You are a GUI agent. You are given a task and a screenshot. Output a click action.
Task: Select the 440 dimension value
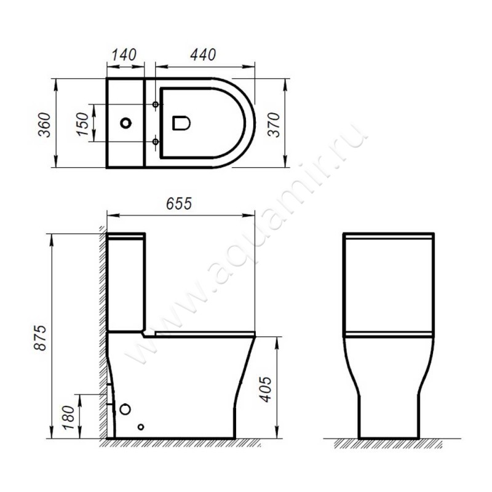[202, 55]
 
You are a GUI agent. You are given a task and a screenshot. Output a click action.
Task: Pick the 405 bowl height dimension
[265, 387]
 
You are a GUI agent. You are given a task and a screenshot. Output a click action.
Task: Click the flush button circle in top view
[125, 123]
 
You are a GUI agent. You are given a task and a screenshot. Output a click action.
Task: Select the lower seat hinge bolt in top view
[156, 142]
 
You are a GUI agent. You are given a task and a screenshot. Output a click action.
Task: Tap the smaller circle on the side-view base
[141, 427]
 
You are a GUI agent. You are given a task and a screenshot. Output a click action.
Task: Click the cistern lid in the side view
[126, 236]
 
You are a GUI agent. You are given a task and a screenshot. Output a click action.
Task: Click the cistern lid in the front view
[389, 236]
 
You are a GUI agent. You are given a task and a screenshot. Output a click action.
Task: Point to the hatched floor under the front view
[394, 443]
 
